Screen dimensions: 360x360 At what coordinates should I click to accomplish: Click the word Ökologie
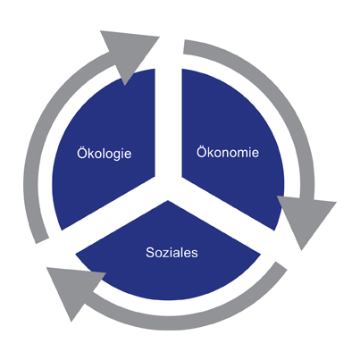[105, 154]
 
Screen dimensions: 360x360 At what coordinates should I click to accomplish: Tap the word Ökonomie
[228, 152]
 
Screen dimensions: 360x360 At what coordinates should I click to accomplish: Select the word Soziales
[172, 253]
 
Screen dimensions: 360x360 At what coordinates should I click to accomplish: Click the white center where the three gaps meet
[169, 188]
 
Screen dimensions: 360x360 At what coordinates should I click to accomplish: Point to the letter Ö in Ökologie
[82, 152]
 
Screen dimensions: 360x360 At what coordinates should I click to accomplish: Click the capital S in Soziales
[150, 253]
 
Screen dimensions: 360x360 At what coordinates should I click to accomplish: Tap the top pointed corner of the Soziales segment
[168, 200]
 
